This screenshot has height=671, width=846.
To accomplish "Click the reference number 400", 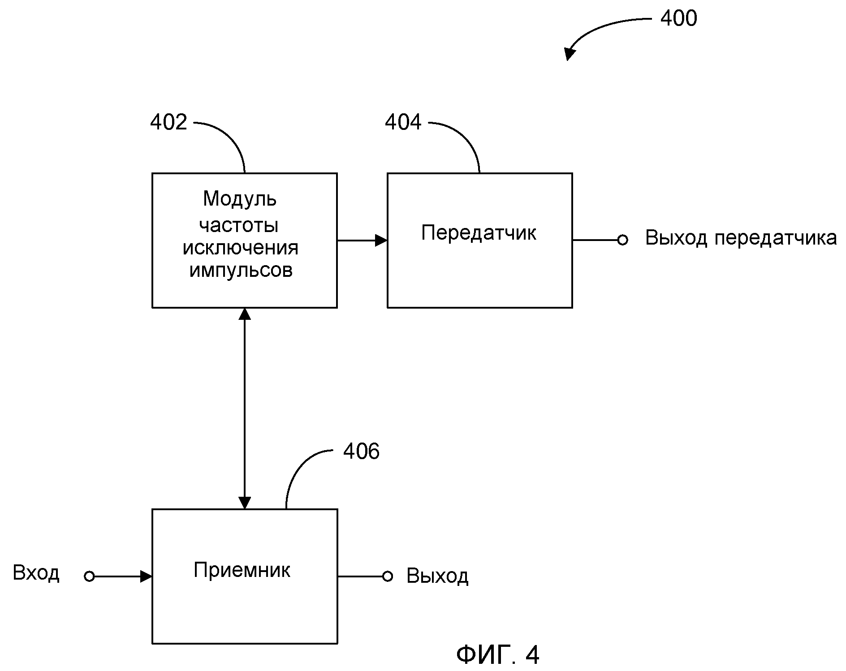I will tap(678, 19).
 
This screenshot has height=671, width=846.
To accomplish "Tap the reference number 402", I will tap(168, 122).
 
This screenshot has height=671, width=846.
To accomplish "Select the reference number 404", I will tap(403, 122).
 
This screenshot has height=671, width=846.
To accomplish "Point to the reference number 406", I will tap(361, 451).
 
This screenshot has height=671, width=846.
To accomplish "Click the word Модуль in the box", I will tap(240, 199).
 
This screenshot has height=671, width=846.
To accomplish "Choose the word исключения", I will tap(241, 248).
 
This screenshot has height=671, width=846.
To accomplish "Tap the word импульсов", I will tap(241, 270).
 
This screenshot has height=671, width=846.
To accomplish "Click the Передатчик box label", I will tap(479, 233).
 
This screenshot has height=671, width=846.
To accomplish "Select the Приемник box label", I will tap(242, 570).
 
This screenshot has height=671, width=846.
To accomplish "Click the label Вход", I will tap(36, 573).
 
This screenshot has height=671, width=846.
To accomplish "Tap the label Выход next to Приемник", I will tap(437, 576).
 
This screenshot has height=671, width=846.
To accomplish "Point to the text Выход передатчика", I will tap(741, 238).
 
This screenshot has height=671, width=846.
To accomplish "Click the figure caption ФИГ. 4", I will tap(498, 655).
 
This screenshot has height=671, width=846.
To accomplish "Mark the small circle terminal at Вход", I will tap(89, 576).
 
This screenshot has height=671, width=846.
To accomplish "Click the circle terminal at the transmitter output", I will tap(622, 240).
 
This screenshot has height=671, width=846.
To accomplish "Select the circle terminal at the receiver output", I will tap(388, 576).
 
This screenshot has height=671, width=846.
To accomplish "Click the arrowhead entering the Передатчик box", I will tap(381, 241).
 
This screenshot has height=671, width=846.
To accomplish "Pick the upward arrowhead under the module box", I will tap(245, 314).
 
